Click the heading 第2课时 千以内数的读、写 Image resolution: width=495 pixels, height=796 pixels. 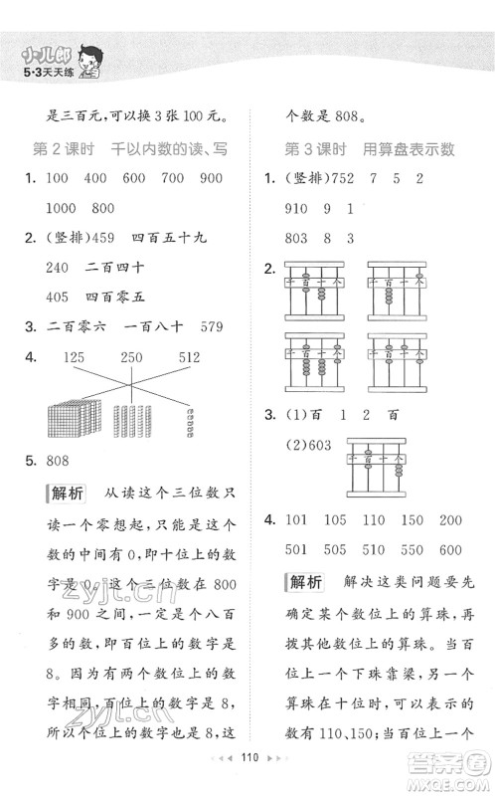pyautogui.click(x=132, y=149)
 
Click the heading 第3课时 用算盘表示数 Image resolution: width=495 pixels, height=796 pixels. pyautogui.click(x=370, y=149)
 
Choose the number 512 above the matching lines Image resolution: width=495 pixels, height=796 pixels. pyautogui.click(x=190, y=356)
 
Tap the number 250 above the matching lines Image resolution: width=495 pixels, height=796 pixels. pyautogui.click(x=131, y=356)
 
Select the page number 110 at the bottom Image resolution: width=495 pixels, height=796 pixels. pyautogui.click(x=247, y=782)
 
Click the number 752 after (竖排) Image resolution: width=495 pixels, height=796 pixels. pyautogui.click(x=350, y=178)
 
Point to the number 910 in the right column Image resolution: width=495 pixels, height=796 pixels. pyautogui.click(x=298, y=208)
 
